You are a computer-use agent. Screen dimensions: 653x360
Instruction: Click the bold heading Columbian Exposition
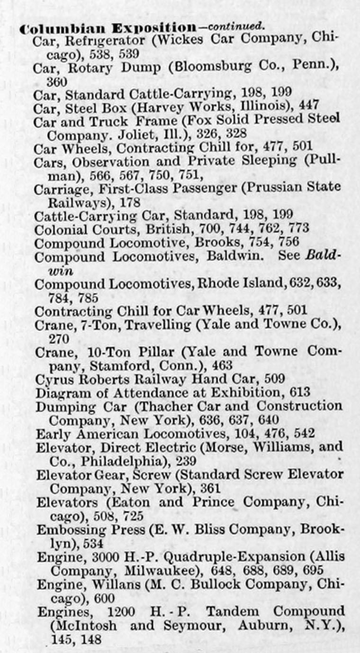pos(108,28)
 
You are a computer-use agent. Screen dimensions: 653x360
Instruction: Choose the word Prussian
pos(271,187)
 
